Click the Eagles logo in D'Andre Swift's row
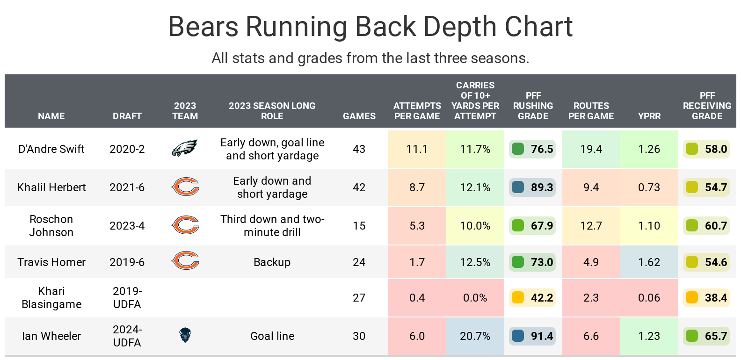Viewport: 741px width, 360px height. [185, 149]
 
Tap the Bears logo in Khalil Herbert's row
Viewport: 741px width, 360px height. [185, 187]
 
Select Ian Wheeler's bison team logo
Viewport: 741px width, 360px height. [185, 335]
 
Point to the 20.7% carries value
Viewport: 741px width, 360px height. [475, 336]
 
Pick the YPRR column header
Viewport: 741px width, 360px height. [649, 116]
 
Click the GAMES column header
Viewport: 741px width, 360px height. [359, 116]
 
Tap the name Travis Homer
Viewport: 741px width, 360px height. [51, 262]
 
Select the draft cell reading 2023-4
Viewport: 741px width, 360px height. [127, 226]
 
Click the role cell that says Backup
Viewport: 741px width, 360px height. [272, 262]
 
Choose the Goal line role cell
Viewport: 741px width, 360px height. [272, 336]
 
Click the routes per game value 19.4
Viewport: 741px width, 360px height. [591, 149]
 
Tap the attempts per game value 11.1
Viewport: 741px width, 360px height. [417, 149]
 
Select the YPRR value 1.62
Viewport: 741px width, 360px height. [649, 262]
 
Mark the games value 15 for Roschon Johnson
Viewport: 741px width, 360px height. [359, 226]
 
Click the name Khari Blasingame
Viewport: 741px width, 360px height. [51, 298]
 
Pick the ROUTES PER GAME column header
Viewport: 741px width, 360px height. [591, 111]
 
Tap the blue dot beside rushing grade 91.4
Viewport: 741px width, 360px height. [518, 336]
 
